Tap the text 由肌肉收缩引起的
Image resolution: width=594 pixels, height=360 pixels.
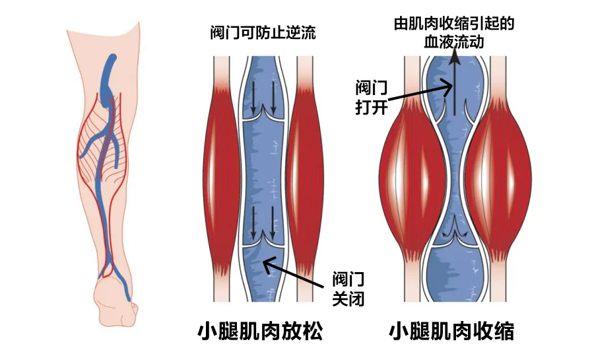point(453,23)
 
